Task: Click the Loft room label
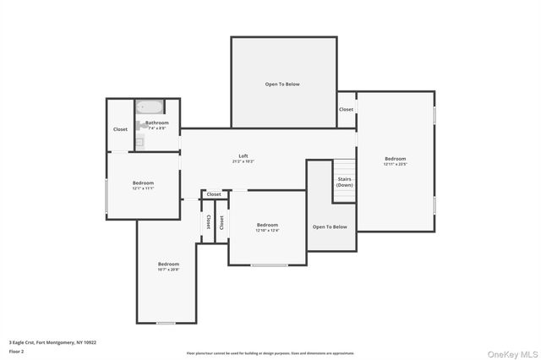pos(243,155)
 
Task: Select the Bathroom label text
pos(157,123)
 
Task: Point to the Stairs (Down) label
pos(345,182)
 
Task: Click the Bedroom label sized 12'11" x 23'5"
pos(395,159)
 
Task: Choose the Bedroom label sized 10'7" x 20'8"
pos(168,265)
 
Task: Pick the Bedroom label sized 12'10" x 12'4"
pos(267,224)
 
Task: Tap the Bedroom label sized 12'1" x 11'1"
pos(143,183)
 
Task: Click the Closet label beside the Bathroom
pos(120,129)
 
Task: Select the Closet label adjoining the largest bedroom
pos(347,109)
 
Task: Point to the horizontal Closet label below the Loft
pos(214,194)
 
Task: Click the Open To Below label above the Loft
pos(282,84)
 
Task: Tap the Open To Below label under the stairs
pos(330,226)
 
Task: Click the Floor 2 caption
pos(17,351)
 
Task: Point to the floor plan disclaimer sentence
pos(270,353)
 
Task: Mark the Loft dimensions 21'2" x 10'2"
pos(243,161)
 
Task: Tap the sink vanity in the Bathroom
pos(139,142)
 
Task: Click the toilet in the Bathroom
pos(139,125)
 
